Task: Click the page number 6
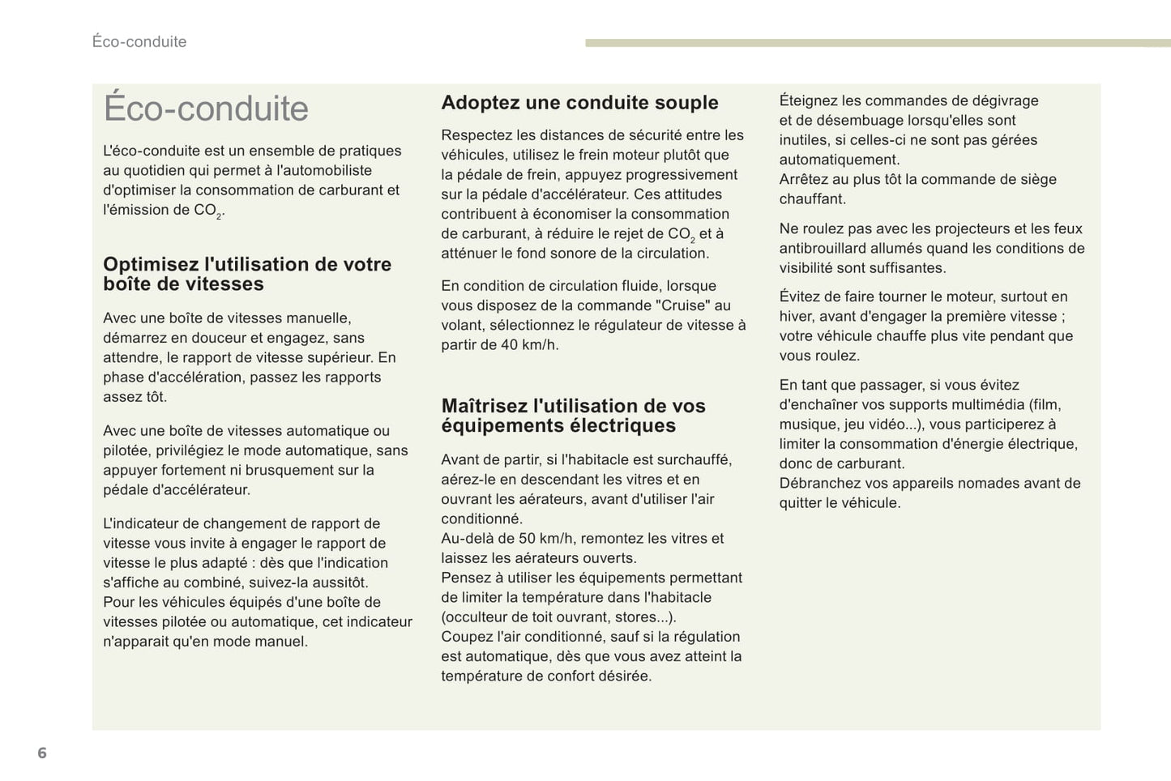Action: pyautogui.click(x=42, y=753)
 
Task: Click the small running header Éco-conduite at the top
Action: pyautogui.click(x=139, y=41)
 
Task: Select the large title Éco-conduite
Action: pyautogui.click(x=206, y=109)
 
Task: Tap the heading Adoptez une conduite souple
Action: pyautogui.click(x=579, y=103)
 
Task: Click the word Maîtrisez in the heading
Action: pyautogui.click(x=485, y=406)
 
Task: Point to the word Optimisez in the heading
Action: pyautogui.click(x=151, y=264)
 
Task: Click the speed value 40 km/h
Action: pyautogui.click(x=530, y=344)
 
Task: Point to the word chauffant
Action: pyautogui.click(x=812, y=199)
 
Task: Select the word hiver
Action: pyautogui.click(x=797, y=317)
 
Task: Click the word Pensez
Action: pyautogui.click(x=465, y=578)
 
